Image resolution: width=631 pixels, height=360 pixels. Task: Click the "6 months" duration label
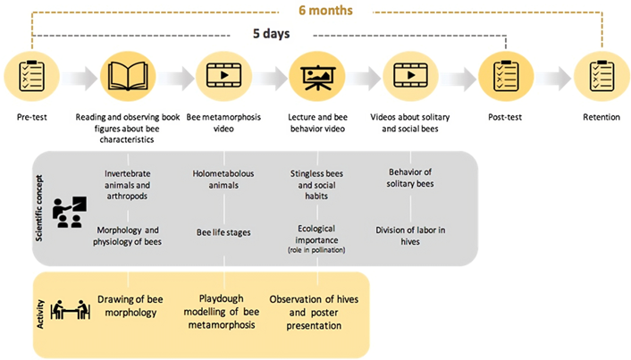(325, 10)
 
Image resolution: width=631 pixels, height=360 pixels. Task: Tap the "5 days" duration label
(271, 33)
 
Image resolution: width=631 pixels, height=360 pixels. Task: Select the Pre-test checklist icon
(32, 76)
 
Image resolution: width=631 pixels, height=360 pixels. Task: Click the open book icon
(128, 76)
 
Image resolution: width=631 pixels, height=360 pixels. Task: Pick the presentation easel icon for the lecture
(317, 77)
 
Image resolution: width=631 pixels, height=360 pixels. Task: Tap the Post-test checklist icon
(506, 76)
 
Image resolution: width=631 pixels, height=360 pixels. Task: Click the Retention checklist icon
(602, 76)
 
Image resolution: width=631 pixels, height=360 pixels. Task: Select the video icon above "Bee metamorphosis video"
(223, 75)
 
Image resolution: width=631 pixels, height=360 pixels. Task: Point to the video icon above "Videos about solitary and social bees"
(410, 75)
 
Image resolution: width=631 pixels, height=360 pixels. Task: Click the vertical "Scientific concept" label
(39, 208)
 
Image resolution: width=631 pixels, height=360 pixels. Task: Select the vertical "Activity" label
(40, 314)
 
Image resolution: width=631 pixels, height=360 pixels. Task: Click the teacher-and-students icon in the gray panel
(69, 213)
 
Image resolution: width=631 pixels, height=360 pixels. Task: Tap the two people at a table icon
(70, 310)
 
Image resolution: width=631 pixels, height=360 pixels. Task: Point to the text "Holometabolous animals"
(223, 180)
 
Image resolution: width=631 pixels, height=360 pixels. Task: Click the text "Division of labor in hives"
(410, 236)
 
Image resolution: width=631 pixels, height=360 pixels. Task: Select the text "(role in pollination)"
(316, 250)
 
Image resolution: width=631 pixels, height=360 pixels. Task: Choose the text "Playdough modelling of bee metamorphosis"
(222, 312)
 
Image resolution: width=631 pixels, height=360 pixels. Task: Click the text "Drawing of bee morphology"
(130, 306)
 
